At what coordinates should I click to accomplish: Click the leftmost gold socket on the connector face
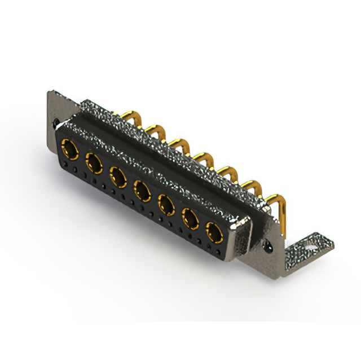71,151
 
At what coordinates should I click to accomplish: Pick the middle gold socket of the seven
142,189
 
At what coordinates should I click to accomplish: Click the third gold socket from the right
166,204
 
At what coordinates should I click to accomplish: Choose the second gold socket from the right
190,217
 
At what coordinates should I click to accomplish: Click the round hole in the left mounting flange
55,121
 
